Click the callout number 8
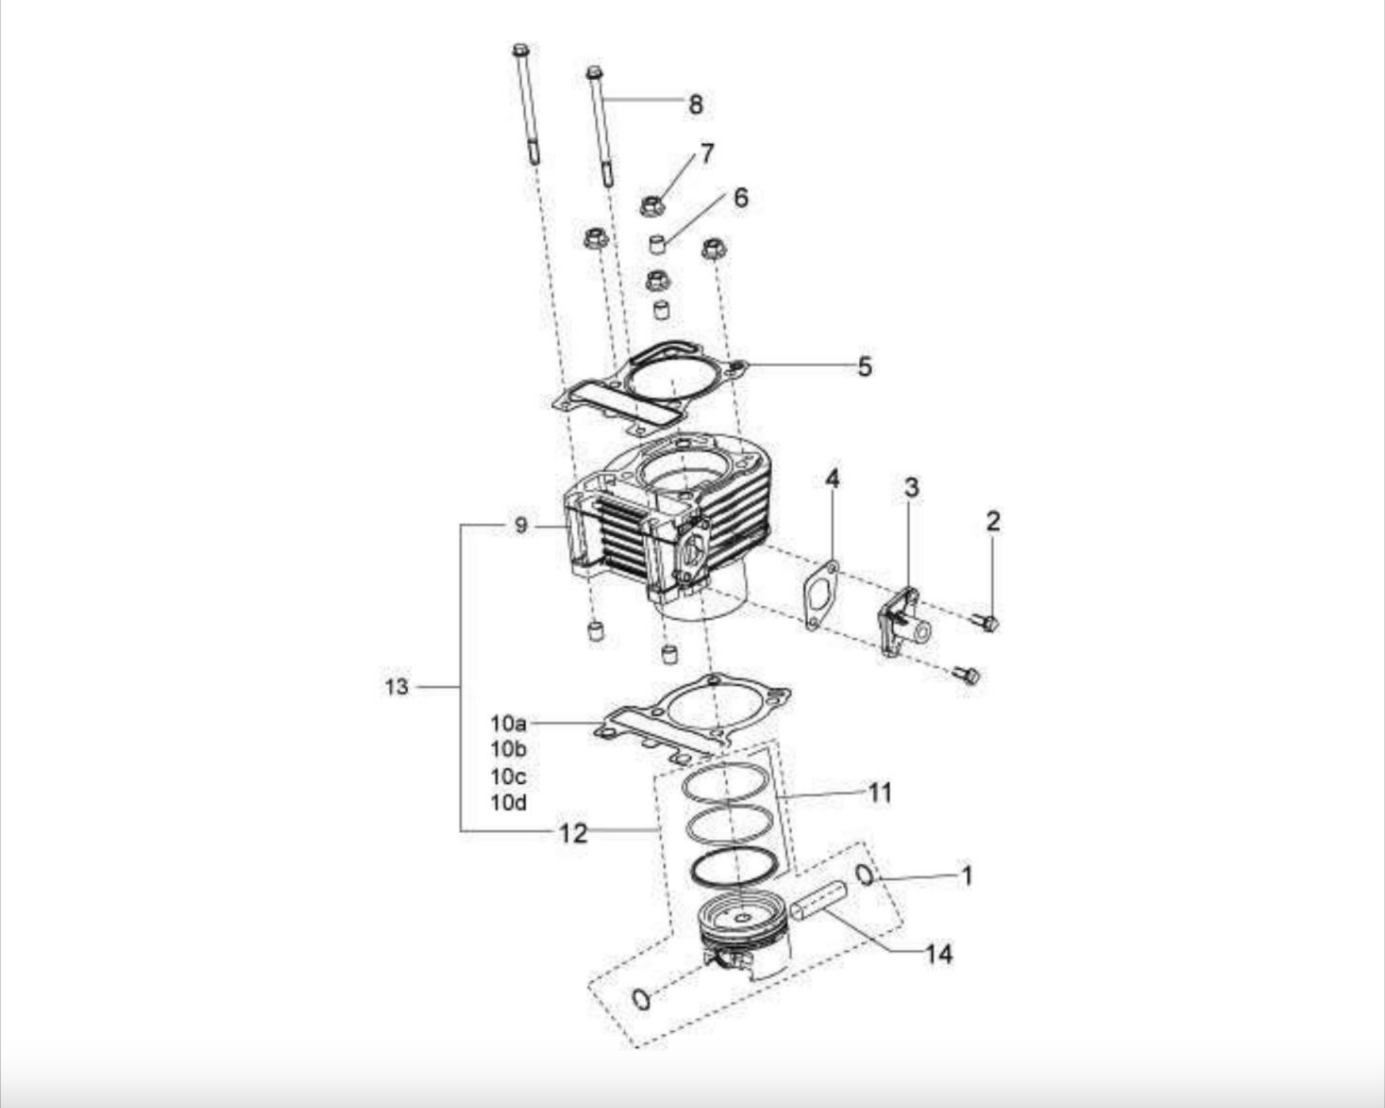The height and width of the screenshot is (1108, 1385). tap(696, 105)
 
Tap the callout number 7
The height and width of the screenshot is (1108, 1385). tap(707, 154)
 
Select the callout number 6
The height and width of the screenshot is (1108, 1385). tap(741, 197)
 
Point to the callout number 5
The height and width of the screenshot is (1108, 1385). tap(864, 367)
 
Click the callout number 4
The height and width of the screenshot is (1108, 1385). tap(832, 479)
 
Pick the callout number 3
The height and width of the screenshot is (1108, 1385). tap(911, 487)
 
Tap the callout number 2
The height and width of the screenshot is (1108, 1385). tap(993, 521)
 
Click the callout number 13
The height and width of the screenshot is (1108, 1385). tap(397, 686)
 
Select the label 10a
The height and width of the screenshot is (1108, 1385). tap(508, 723)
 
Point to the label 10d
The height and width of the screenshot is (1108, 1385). tap(508, 803)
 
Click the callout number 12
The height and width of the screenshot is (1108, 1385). tap(574, 833)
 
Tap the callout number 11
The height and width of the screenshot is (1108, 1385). tap(880, 793)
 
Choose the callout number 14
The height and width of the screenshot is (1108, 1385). tap(939, 953)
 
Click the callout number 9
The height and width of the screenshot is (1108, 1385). tap(521, 525)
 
